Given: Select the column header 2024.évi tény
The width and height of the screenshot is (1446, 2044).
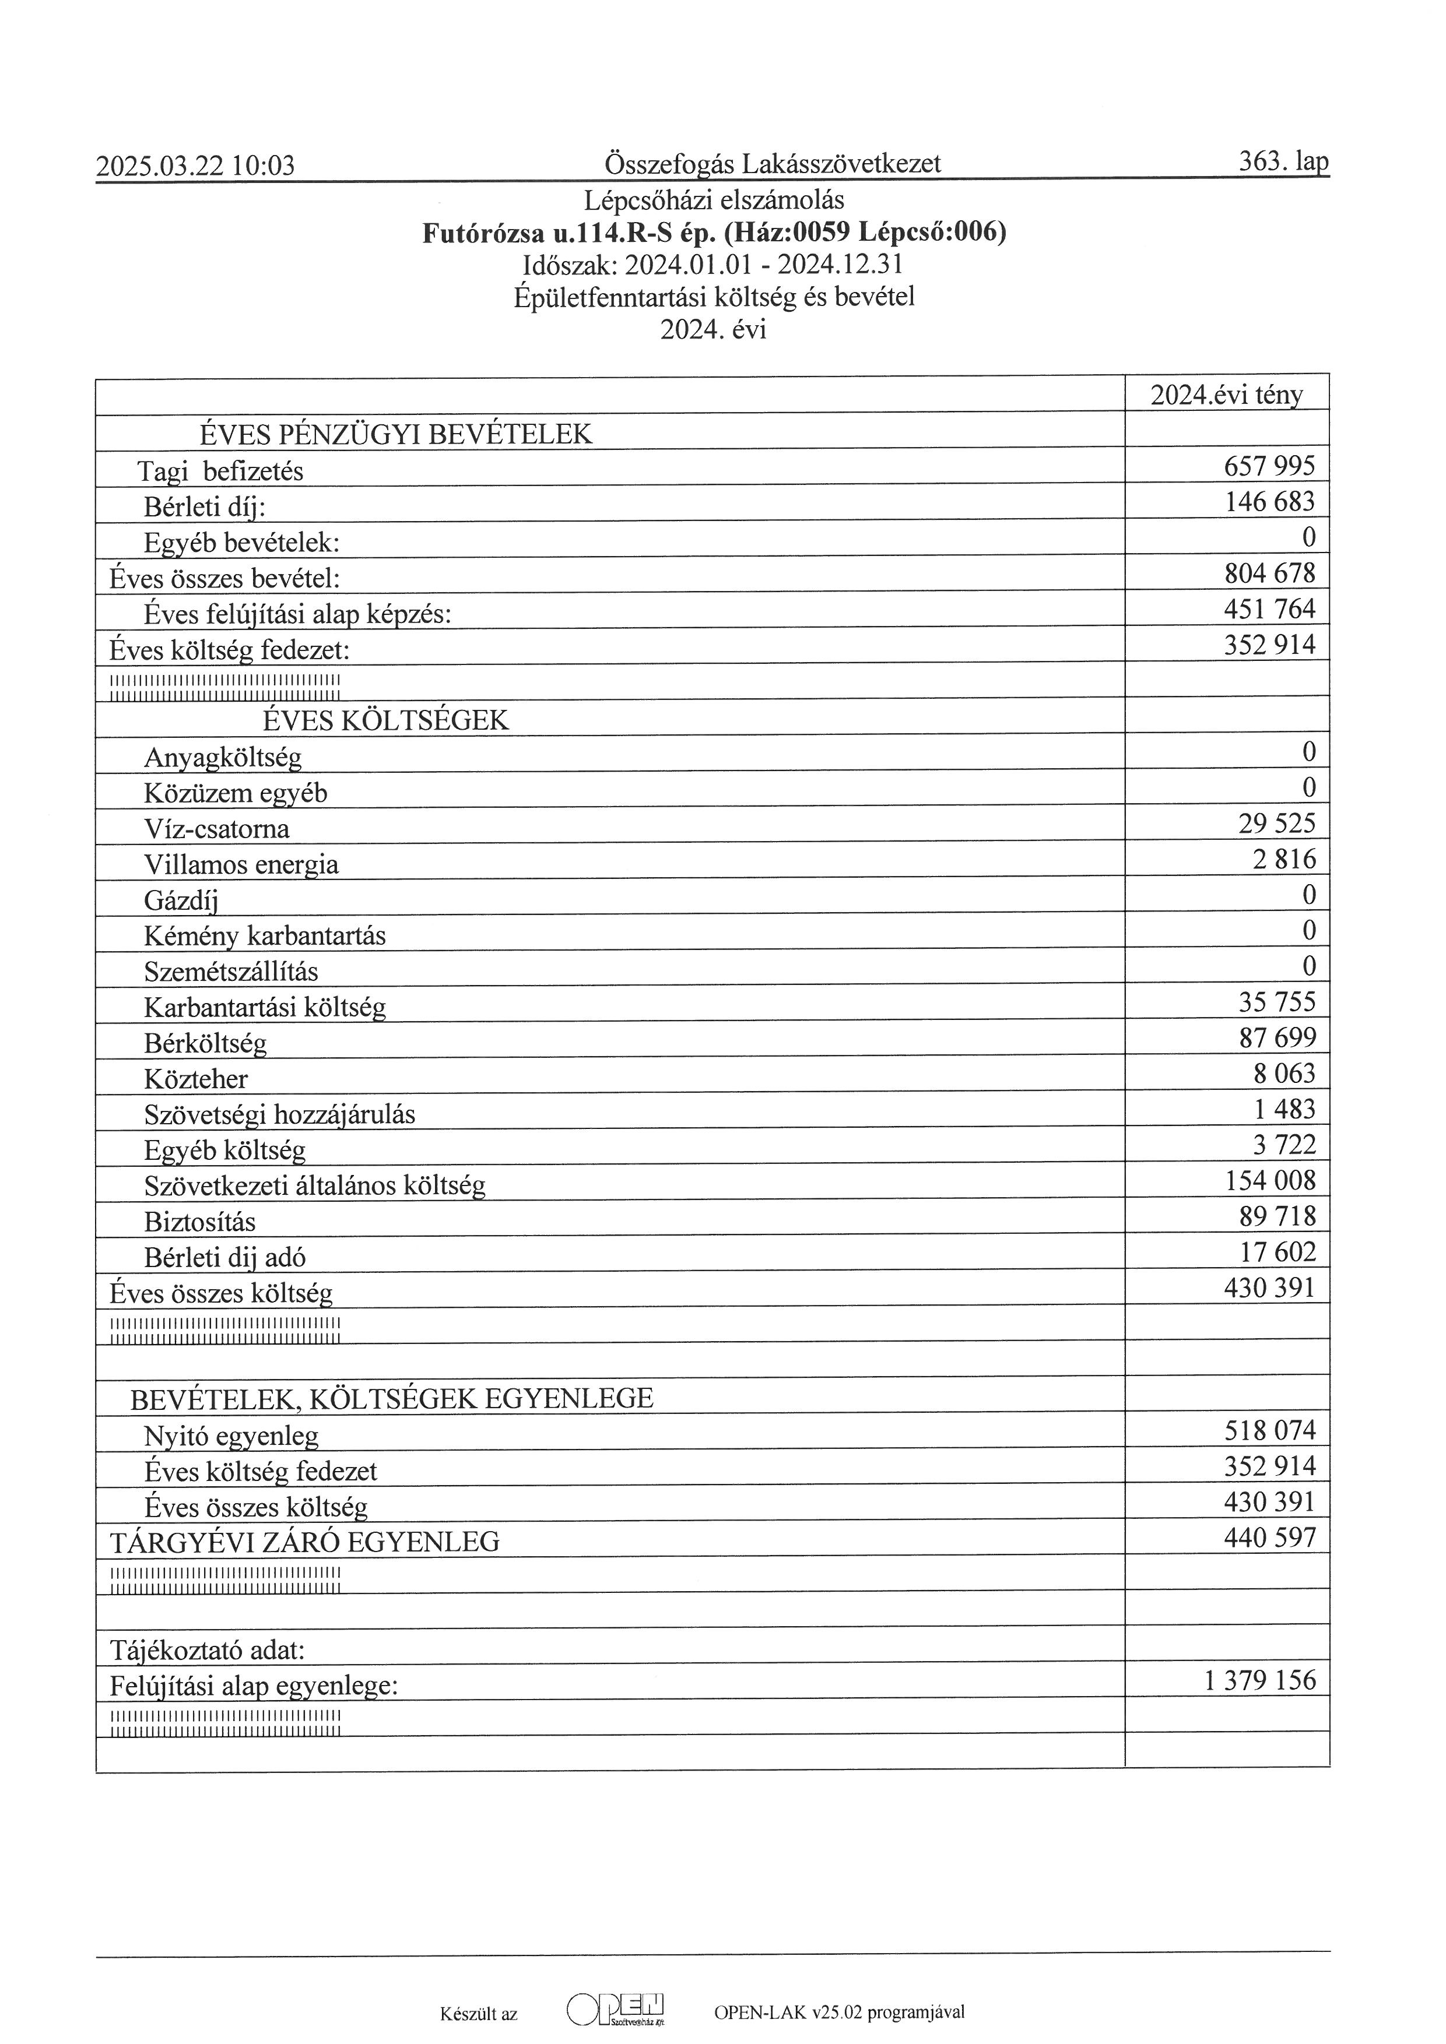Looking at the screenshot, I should point(1226,395).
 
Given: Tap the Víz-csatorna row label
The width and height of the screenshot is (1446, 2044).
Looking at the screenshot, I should point(216,829).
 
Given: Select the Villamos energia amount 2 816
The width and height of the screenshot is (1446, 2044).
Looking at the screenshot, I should point(1283,859).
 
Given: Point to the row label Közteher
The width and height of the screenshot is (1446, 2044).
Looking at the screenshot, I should point(196,1079).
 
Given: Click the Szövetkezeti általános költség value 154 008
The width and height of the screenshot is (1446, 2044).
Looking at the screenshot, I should point(1270,1180).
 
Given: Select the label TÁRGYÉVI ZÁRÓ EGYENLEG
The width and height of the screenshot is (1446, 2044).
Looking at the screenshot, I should point(304,1541).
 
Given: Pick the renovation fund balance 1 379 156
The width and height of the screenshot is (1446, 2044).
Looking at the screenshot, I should point(1259,1680).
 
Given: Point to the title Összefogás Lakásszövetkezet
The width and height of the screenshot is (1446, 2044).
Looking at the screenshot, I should point(772,164).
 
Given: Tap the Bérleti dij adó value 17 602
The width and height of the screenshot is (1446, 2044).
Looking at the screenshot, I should point(1277,1252).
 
